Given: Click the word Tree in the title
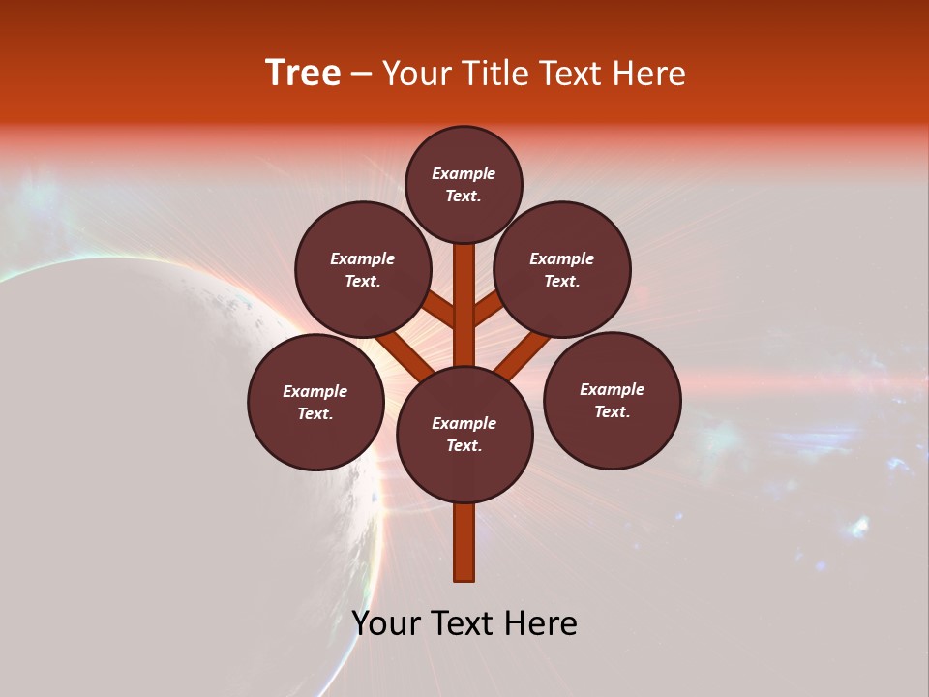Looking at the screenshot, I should pos(303,74).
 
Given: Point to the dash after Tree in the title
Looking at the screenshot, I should pos(361,75).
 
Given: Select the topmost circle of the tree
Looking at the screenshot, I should pos(464,184).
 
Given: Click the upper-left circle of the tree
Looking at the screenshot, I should pos(363,269).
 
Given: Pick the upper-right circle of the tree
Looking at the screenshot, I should pos(562,269).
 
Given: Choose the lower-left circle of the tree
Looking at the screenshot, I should pos(315,402).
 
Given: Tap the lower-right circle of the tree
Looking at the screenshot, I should pos(612,400).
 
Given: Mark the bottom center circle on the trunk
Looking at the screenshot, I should pos(464,434).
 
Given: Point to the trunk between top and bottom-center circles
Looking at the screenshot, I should pos(464,305).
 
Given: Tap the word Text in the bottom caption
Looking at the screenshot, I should pos(464,623).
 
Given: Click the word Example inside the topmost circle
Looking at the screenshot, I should pos(464,173).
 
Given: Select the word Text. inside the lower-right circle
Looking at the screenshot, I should pos(612,411).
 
